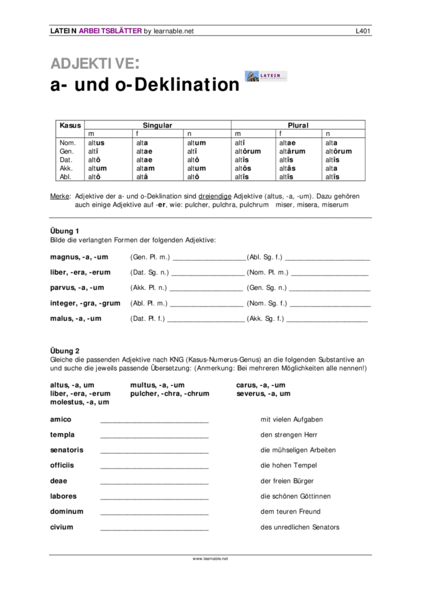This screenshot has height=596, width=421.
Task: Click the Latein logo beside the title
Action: tap(266, 76)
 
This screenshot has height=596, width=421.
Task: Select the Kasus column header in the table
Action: tap(70, 125)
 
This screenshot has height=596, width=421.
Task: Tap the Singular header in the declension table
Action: tap(158, 125)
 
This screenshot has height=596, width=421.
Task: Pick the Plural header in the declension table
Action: tap(298, 125)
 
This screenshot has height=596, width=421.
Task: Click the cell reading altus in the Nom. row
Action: tap(97, 143)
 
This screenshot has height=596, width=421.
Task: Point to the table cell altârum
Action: tap(290, 151)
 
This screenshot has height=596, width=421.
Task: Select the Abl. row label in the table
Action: tap(67, 177)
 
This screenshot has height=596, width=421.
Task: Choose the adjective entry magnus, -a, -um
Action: tap(79, 257)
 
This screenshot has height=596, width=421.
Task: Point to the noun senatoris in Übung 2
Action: tap(67, 450)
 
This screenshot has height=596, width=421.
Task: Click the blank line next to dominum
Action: tap(154, 513)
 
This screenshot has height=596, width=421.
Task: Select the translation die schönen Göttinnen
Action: tap(295, 496)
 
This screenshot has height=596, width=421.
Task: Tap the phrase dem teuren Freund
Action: tap(291, 512)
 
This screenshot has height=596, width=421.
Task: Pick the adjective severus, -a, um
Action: tap(264, 393)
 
